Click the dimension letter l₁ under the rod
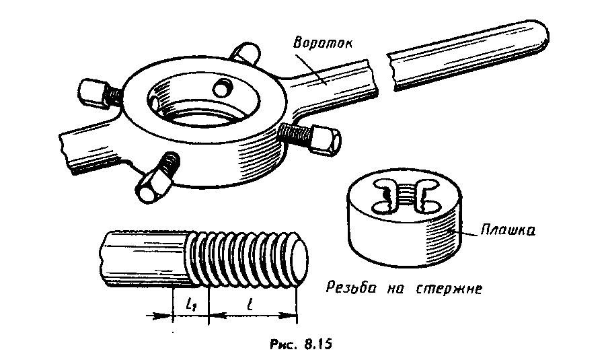coord(190,305)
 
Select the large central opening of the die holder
coord(202,101)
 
